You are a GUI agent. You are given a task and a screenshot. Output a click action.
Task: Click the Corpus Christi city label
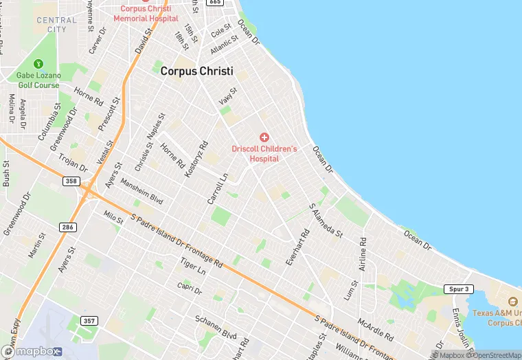point(196,71)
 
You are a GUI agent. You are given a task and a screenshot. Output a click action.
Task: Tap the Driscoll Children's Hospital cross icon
point(264,138)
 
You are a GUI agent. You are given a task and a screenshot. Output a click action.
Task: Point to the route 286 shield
point(67,227)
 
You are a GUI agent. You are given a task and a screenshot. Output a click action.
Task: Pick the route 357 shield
point(89,321)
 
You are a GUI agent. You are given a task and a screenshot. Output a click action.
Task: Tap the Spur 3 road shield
point(457,289)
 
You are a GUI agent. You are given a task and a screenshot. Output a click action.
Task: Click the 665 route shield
point(215,2)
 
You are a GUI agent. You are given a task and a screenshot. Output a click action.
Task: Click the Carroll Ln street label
point(218,189)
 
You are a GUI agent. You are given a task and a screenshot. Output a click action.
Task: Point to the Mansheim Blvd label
point(142,192)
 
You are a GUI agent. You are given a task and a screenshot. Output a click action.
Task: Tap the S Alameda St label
point(326,221)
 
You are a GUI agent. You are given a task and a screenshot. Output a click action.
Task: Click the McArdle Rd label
point(375,330)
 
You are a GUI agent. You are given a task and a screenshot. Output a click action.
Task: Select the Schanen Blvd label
point(216,327)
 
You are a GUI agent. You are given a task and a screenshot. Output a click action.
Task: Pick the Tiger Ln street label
point(192,267)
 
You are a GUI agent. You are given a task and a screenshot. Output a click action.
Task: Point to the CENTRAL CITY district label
point(56,25)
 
